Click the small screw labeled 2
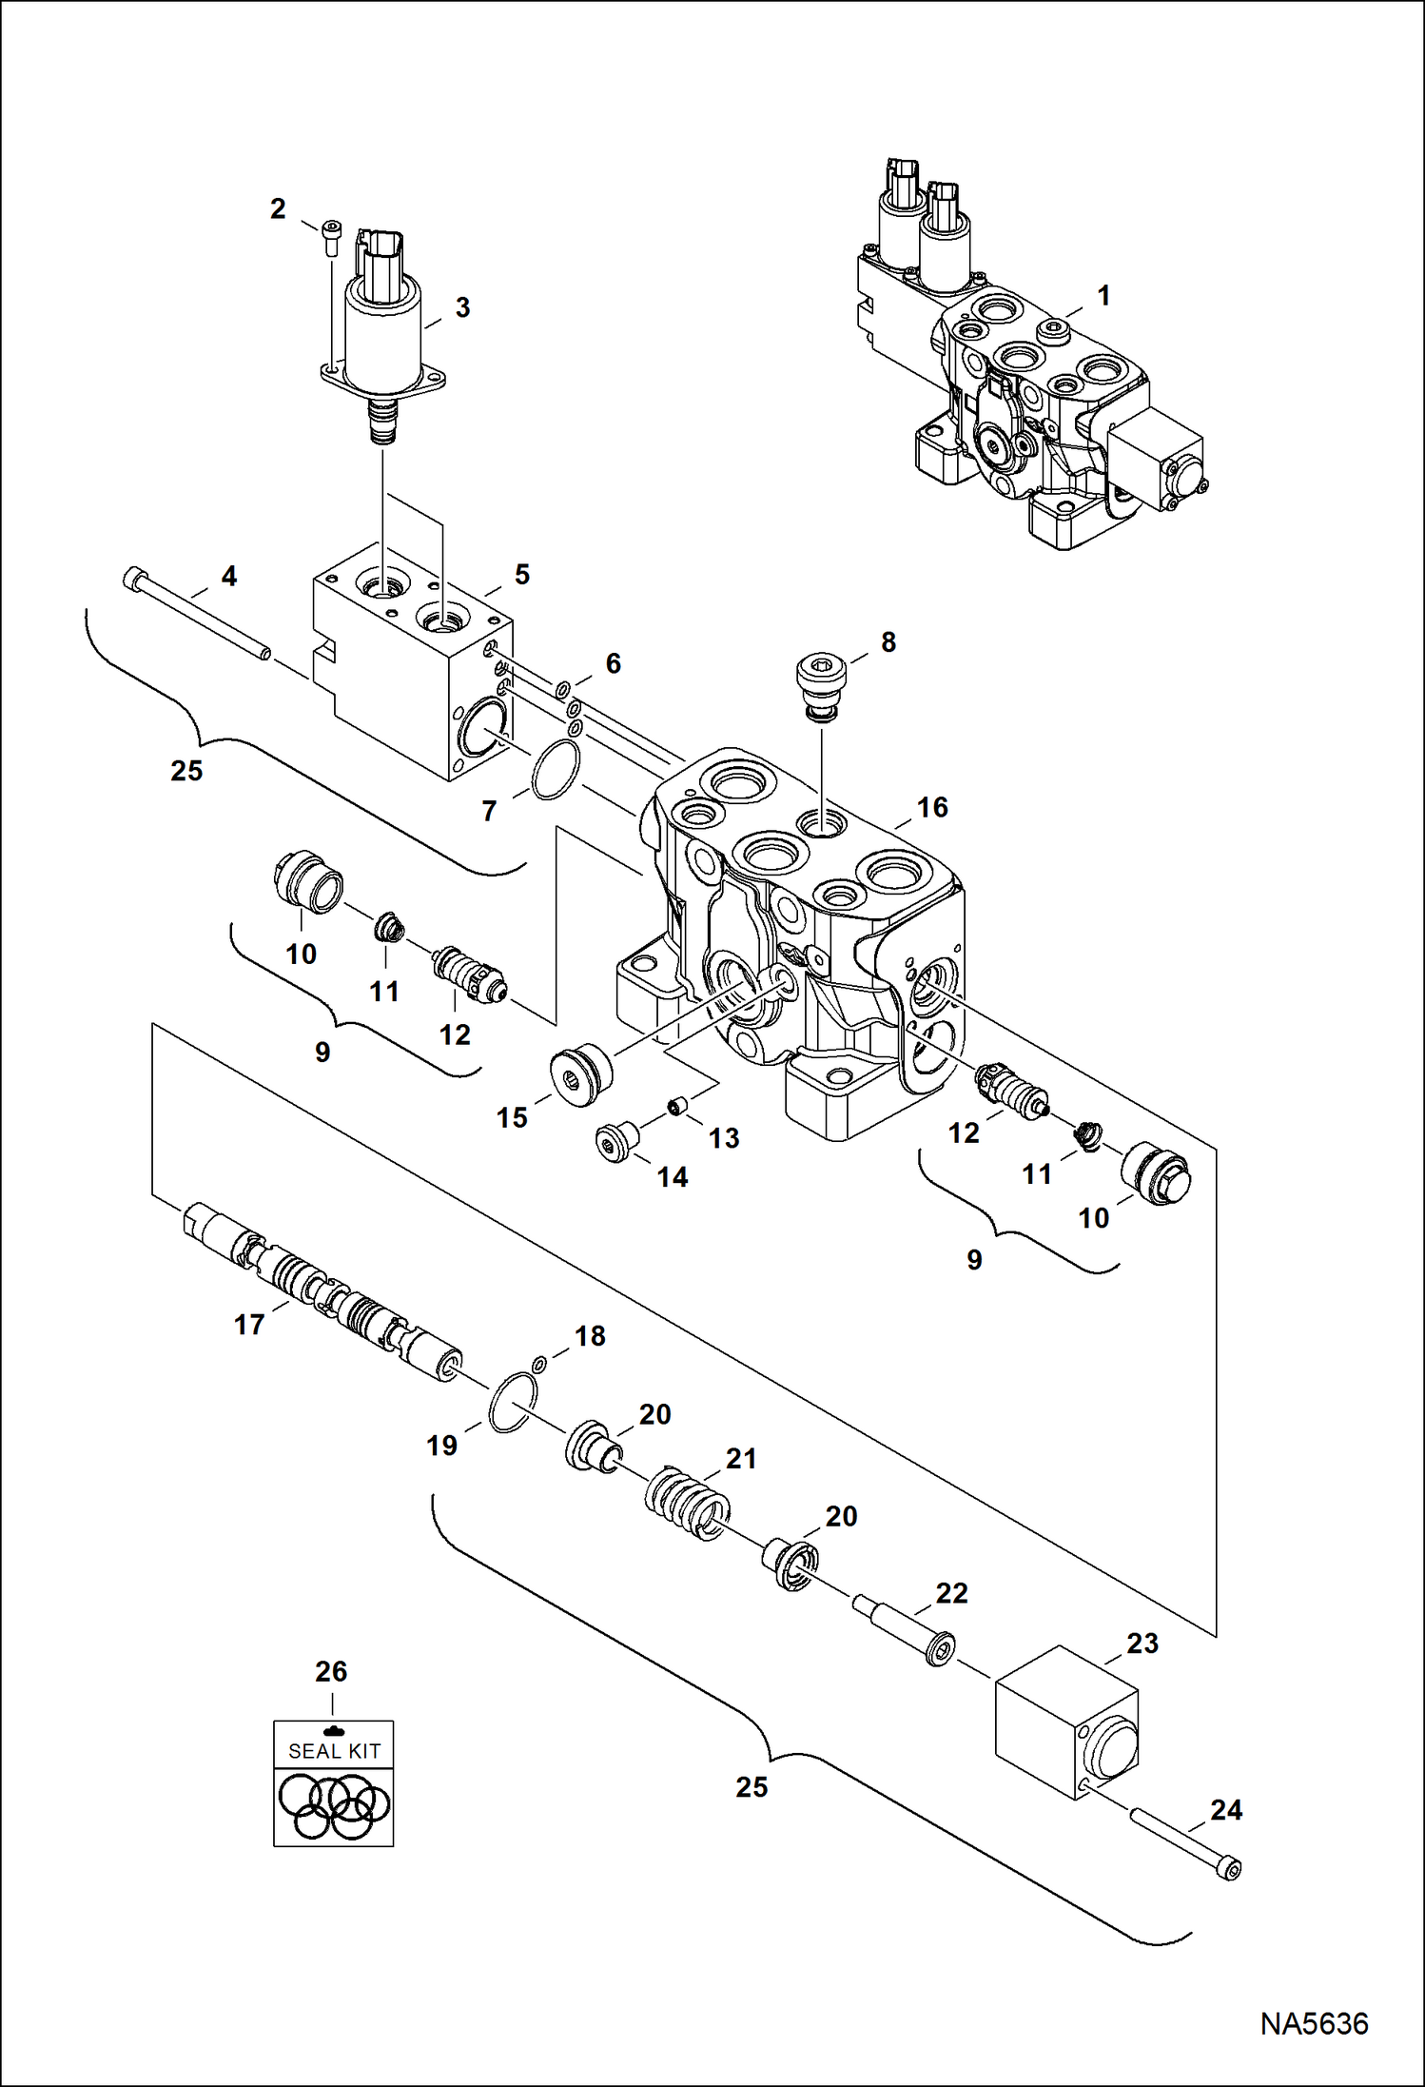pyautogui.click(x=330, y=237)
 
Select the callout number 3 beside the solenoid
pyautogui.click(x=462, y=307)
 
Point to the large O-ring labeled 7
pyautogui.click(x=556, y=771)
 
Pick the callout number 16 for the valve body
pyautogui.click(x=932, y=807)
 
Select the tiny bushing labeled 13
pyautogui.click(x=676, y=1107)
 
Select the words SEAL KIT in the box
pyautogui.click(x=334, y=1750)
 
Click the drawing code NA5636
pyautogui.click(x=1314, y=2023)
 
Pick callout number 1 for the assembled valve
pyautogui.click(x=1103, y=296)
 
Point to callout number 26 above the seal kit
pyautogui.click(x=331, y=1671)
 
